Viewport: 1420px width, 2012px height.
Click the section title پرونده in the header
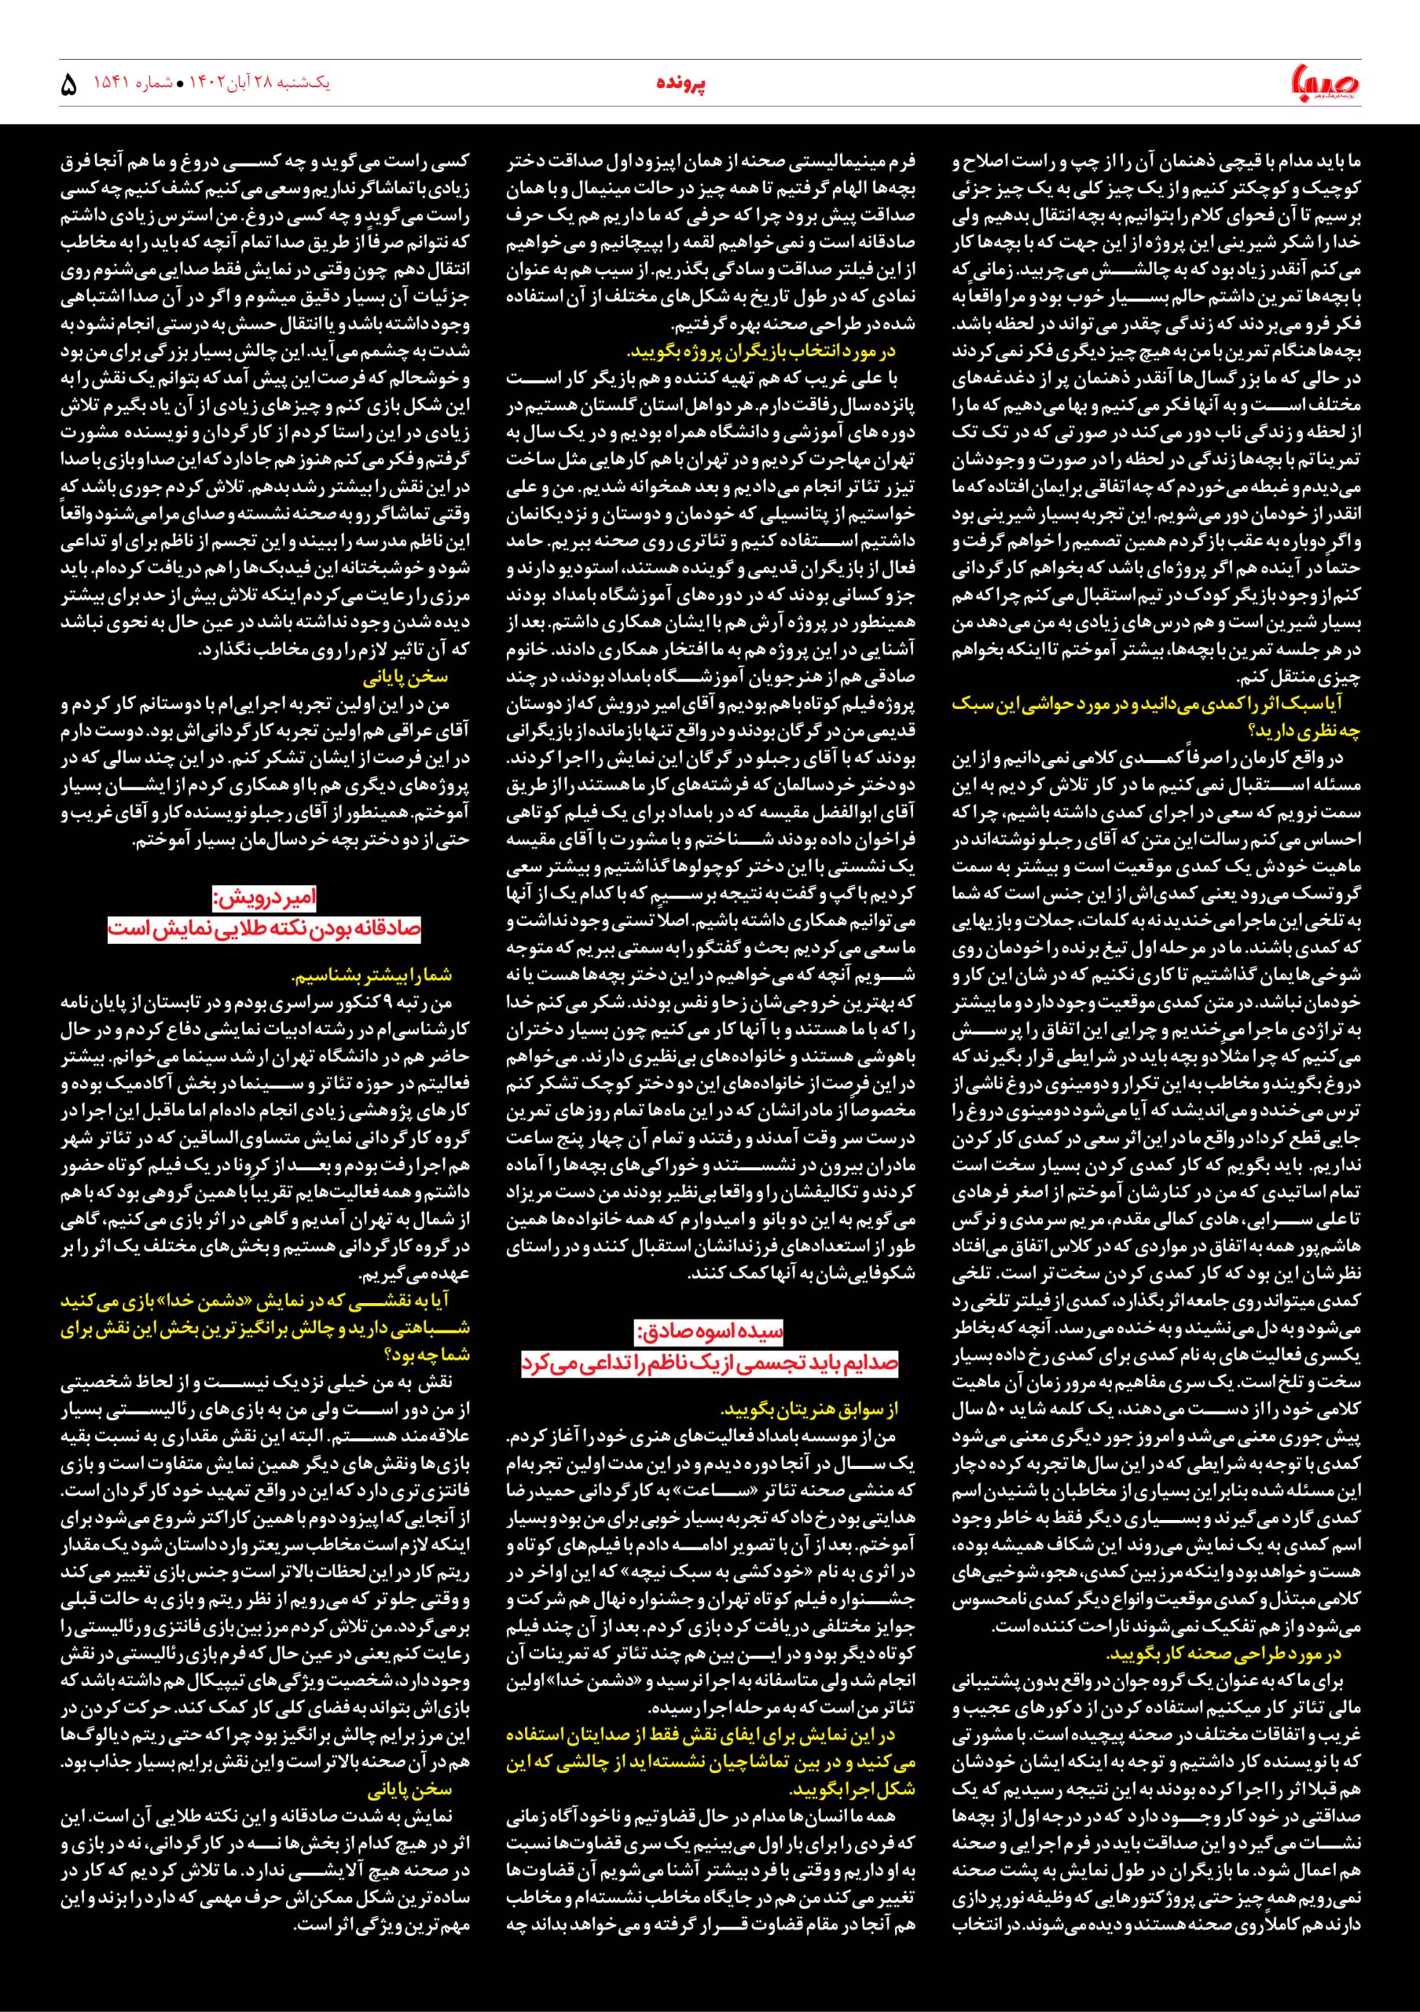(682, 84)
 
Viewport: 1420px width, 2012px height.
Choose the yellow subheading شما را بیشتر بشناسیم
(372, 975)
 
